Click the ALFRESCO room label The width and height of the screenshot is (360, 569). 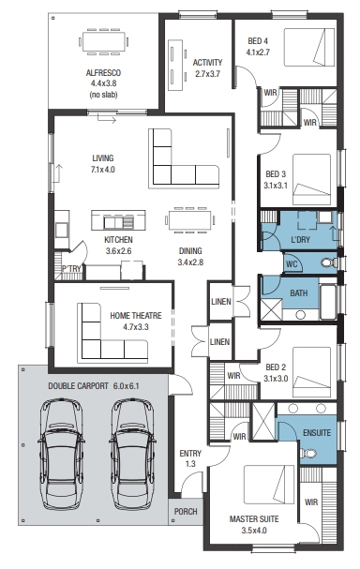pyautogui.click(x=103, y=73)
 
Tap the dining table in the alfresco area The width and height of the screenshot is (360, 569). pyautogui.click(x=104, y=42)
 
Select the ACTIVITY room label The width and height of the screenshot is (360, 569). pyautogui.click(x=207, y=63)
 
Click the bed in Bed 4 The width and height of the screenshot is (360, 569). pyautogui.click(x=308, y=47)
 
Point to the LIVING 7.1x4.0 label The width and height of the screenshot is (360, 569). pyautogui.click(x=103, y=164)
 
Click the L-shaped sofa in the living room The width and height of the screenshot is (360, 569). pyautogui.click(x=184, y=158)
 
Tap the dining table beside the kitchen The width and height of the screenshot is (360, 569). pyautogui.click(x=189, y=220)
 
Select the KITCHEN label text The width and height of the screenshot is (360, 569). pyautogui.click(x=118, y=240)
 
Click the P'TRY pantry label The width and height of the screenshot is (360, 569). pyautogui.click(x=71, y=269)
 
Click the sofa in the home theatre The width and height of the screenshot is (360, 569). pyautogui.click(x=112, y=333)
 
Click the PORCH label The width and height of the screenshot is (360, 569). pyautogui.click(x=186, y=512)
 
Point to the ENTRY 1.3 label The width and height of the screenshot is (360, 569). pyautogui.click(x=190, y=458)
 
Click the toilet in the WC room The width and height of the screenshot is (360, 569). pyautogui.click(x=329, y=262)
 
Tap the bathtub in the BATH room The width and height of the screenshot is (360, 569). pyautogui.click(x=328, y=302)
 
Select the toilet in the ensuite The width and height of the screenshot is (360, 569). pyautogui.click(x=308, y=454)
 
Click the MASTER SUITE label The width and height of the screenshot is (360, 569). pyautogui.click(x=254, y=519)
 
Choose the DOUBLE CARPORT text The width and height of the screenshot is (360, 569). pyautogui.click(x=78, y=386)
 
